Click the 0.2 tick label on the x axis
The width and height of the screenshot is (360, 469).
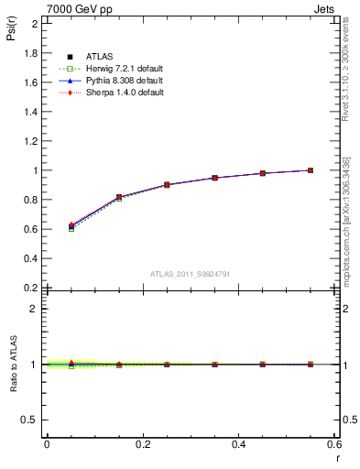tap(142, 444)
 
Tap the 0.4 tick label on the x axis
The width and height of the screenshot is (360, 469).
tap(238, 444)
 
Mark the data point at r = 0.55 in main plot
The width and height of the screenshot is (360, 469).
tap(311, 170)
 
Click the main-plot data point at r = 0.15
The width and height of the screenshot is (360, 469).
tap(118, 197)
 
